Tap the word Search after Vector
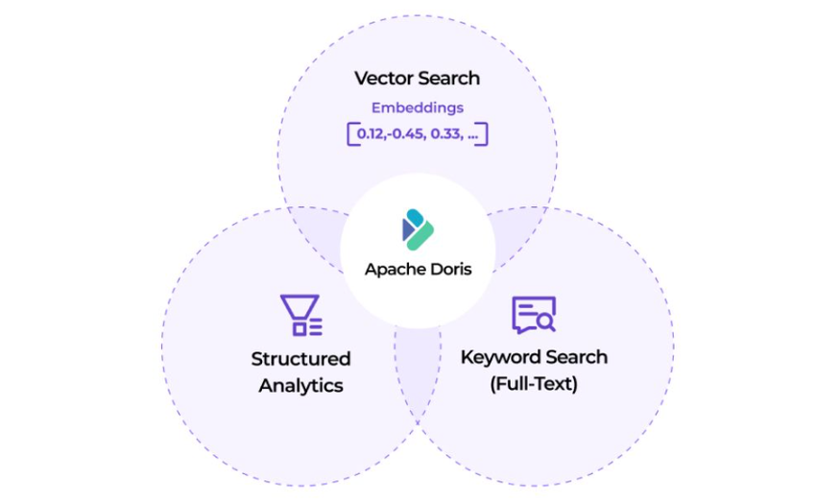[x=448, y=78]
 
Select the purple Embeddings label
[x=417, y=108]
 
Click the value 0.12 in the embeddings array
[x=370, y=133]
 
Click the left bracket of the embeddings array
[x=350, y=133]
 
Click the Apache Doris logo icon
[x=418, y=230]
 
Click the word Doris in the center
[x=448, y=270]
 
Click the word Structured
[x=300, y=359]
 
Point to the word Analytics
[x=300, y=386]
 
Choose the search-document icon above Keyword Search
[x=534, y=315]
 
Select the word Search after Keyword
[x=575, y=357]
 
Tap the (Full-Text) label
[x=534, y=384]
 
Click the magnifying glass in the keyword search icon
[x=545, y=322]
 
